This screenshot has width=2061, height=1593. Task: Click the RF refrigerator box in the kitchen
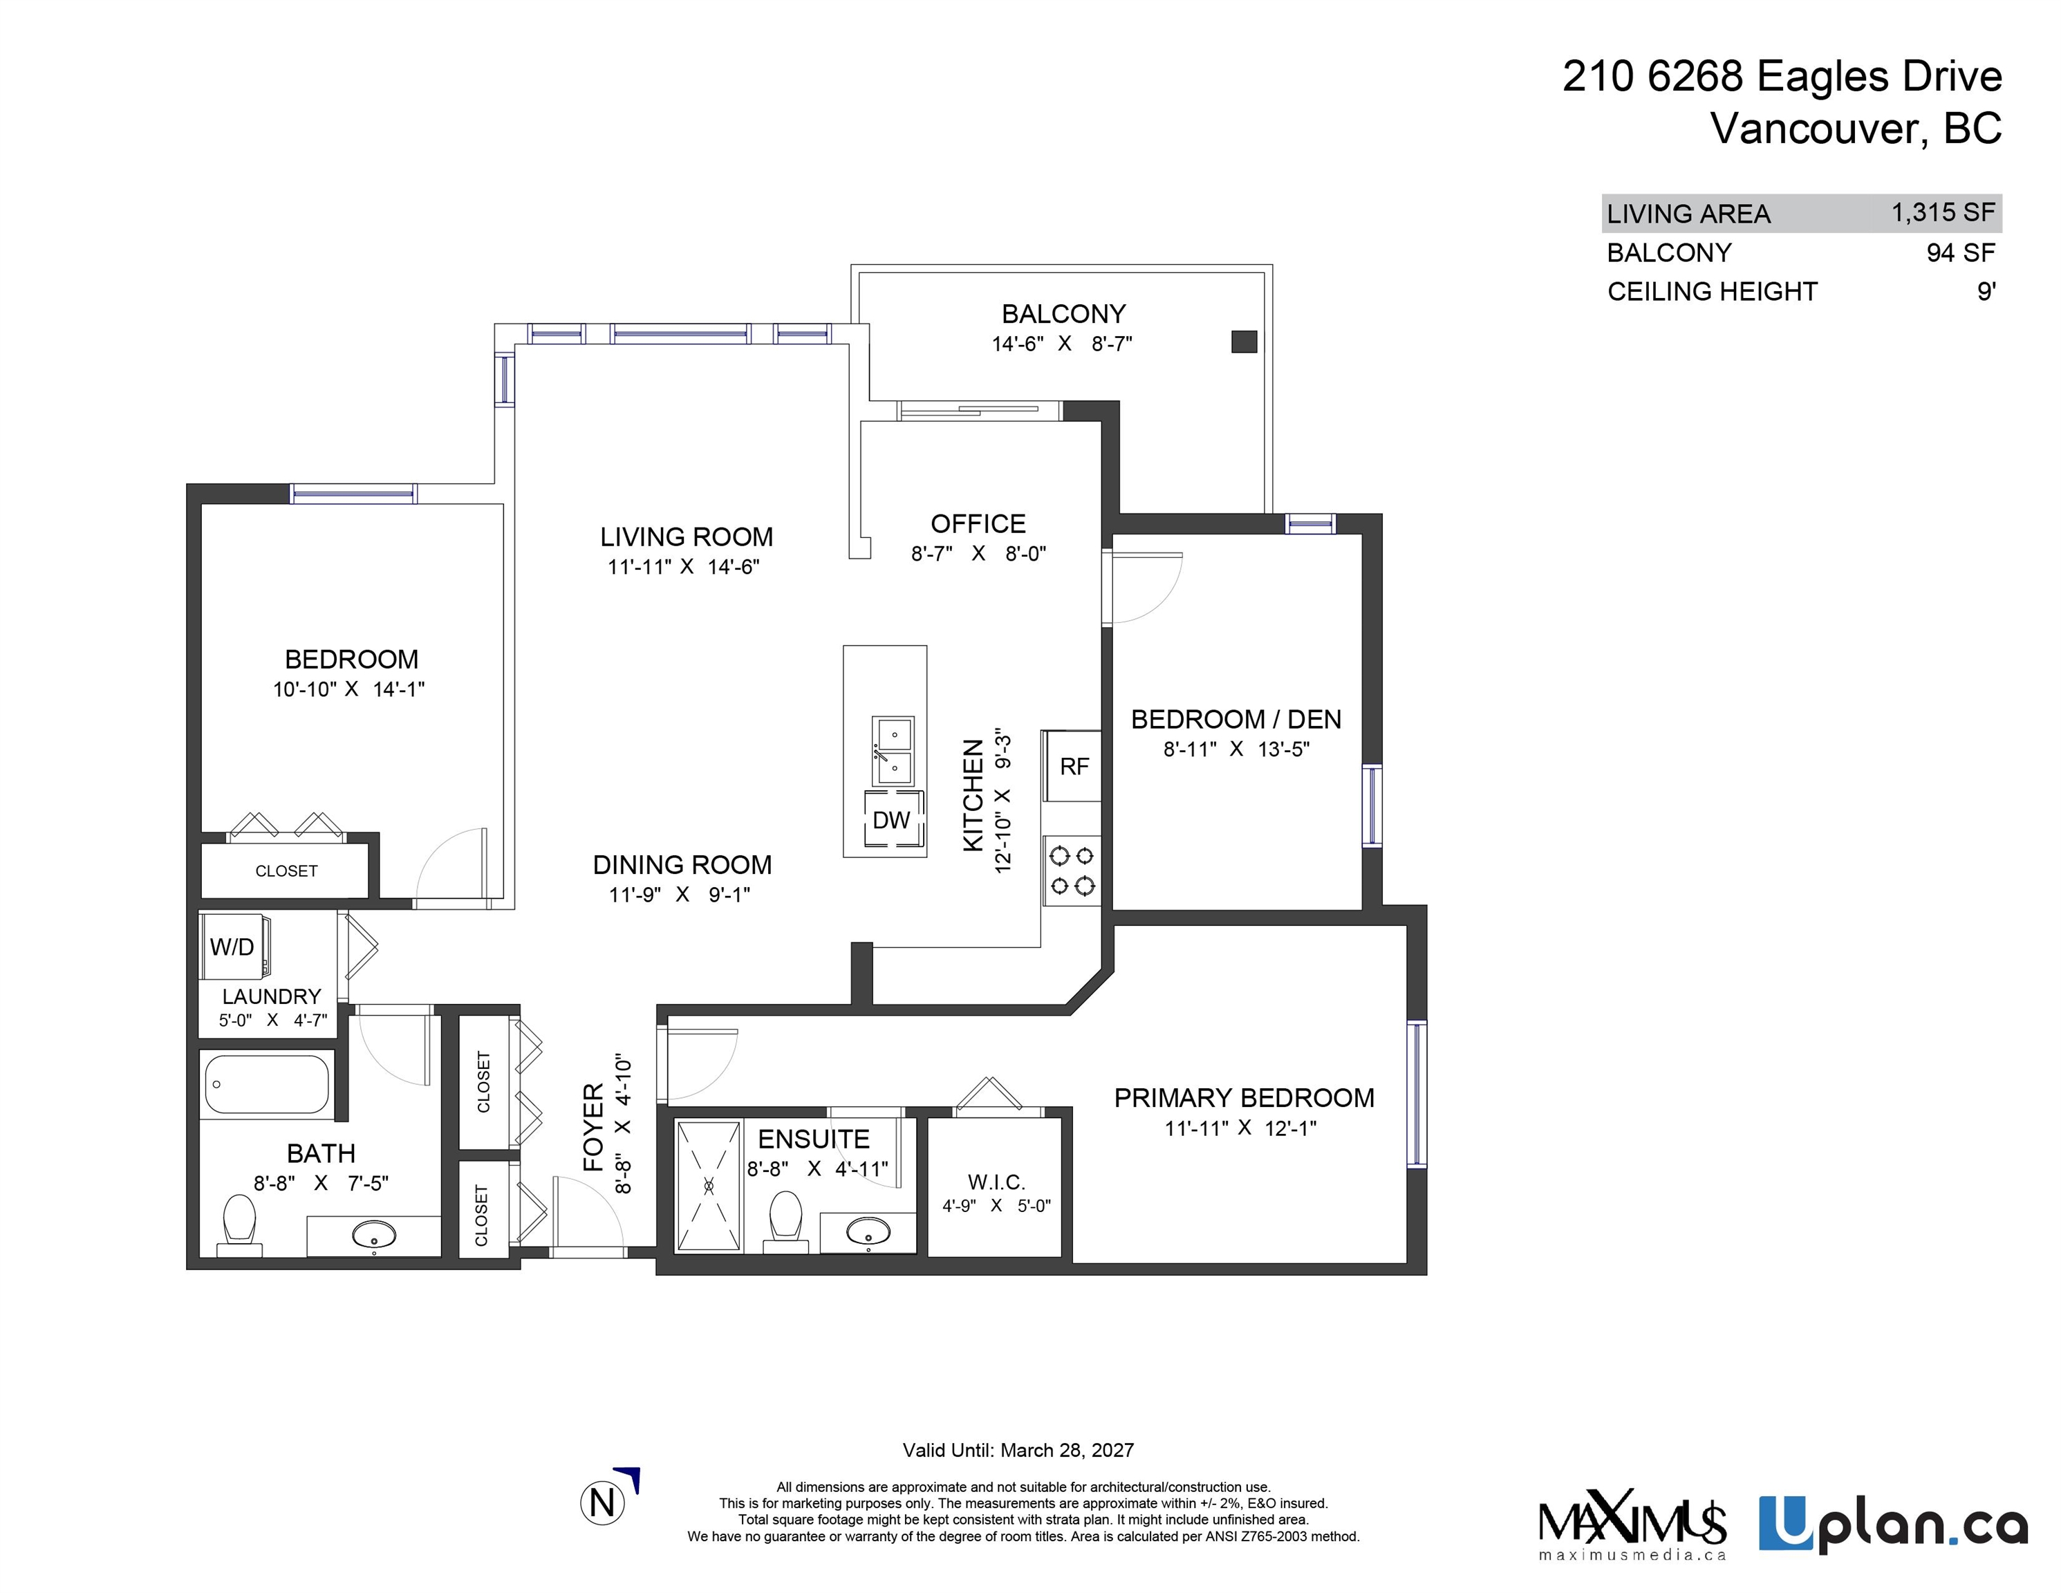[1072, 765]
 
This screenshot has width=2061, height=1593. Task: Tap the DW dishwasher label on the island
[890, 820]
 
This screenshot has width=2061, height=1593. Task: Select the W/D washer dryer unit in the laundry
[233, 947]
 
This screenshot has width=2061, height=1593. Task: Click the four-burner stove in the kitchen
[1072, 870]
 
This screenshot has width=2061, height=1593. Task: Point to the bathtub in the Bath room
[266, 1084]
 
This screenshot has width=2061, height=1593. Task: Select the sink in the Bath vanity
[375, 1233]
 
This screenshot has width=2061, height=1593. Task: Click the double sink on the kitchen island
[893, 750]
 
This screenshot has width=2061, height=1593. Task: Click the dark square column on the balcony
[1244, 342]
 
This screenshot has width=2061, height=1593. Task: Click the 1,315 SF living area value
[1942, 213]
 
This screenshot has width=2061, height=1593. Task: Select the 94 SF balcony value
[1960, 253]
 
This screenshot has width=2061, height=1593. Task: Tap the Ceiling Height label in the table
[1712, 292]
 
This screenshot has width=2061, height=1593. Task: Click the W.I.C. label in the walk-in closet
[996, 1182]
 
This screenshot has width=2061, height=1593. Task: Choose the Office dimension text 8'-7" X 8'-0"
[978, 554]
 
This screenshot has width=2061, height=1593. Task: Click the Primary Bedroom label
[1243, 1097]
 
